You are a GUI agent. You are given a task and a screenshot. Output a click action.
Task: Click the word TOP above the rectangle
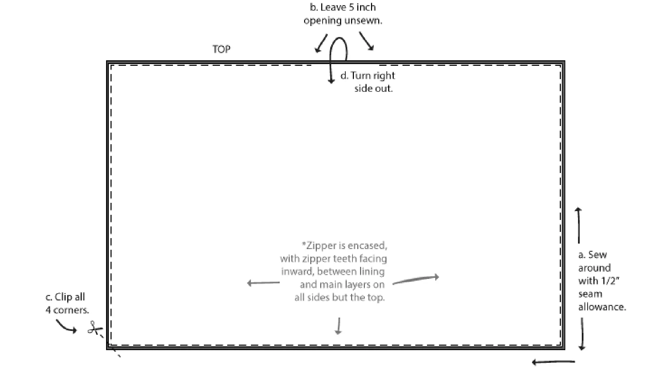coord(221,49)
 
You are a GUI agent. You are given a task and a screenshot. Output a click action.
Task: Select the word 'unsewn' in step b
coord(363,21)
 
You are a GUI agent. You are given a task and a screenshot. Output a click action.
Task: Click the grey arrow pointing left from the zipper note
coord(263,283)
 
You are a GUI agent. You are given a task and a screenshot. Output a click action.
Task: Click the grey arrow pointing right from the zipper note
coord(416,280)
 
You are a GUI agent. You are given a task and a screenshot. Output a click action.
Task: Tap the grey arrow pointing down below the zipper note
coord(339,326)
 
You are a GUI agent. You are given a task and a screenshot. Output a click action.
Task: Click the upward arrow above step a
coord(579,225)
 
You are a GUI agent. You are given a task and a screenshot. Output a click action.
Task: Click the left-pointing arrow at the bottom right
coord(553,362)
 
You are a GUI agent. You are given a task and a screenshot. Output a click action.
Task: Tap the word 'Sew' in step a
coord(598,255)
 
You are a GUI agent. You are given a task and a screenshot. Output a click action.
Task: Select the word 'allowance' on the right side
coord(602,307)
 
